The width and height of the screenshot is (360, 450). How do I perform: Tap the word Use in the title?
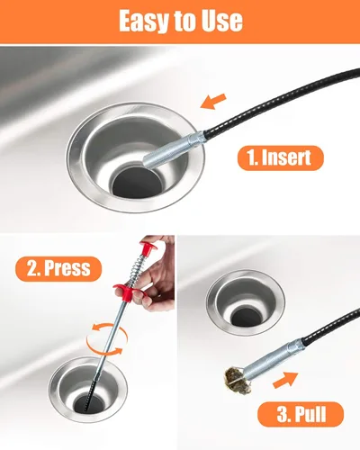coord(222,21)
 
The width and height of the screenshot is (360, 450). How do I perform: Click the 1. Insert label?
coord(281,157)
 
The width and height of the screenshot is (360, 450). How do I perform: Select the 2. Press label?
coord(58,268)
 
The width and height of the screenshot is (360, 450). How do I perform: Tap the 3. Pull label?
coord(301,414)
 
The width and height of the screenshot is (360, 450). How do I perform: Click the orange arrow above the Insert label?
coord(213,101)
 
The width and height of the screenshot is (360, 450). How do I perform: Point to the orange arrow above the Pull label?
coord(285,380)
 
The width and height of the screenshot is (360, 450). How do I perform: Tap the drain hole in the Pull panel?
coord(247,317)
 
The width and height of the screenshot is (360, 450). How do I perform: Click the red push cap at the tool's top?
coord(149,248)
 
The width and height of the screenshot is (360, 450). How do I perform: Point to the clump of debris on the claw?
coord(238,381)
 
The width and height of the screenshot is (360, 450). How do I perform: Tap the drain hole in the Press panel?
coord(87,403)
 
